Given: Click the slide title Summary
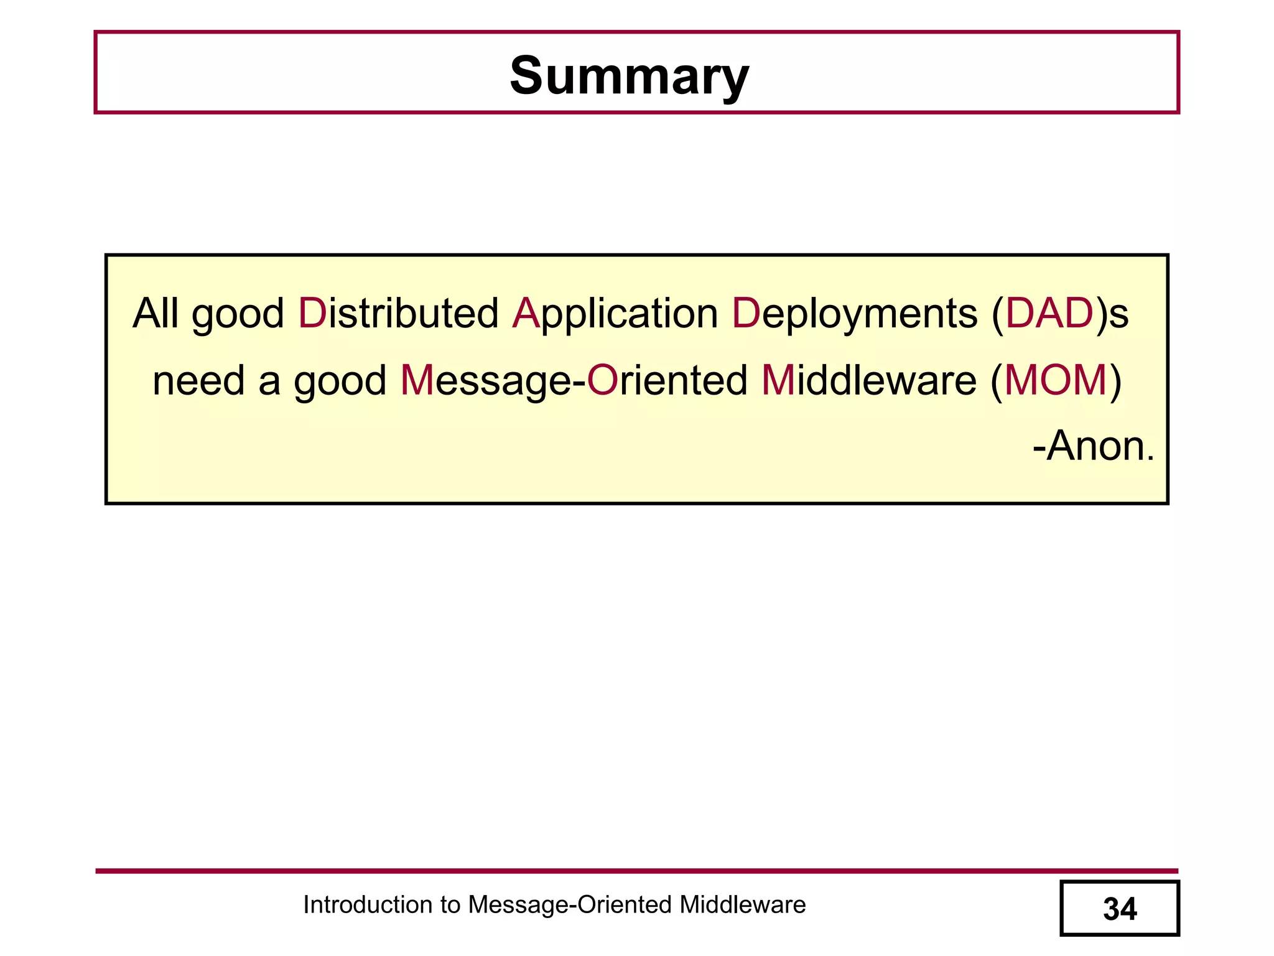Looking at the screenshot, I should [x=629, y=76].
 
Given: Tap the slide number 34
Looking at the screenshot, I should [x=1120, y=909].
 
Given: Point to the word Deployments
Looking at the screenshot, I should [x=854, y=314].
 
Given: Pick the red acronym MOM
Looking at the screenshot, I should [x=1056, y=380].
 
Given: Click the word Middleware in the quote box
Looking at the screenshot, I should [x=869, y=380].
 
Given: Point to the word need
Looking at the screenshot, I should [x=198, y=381].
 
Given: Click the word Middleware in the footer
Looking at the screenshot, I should [x=742, y=904].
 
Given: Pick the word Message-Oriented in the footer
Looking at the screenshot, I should [x=570, y=904].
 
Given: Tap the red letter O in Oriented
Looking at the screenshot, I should [x=602, y=380].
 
